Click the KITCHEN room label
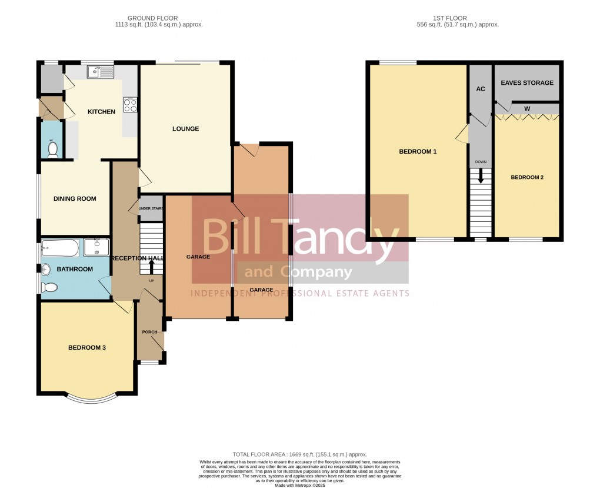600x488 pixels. point(101,112)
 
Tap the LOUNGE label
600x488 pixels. point(185,129)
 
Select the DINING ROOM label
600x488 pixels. point(75,199)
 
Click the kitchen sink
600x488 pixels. point(100,72)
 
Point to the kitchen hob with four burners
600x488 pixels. point(129,105)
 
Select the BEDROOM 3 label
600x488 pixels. point(87,348)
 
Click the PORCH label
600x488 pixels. point(149,332)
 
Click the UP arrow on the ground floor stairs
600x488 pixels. point(152,266)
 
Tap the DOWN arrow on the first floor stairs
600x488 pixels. point(481,176)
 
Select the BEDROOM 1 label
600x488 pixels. point(418,152)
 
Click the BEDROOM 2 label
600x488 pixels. point(526,177)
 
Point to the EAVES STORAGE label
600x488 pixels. point(527,83)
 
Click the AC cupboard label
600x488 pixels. point(480,89)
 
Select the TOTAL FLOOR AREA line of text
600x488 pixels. point(300,454)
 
